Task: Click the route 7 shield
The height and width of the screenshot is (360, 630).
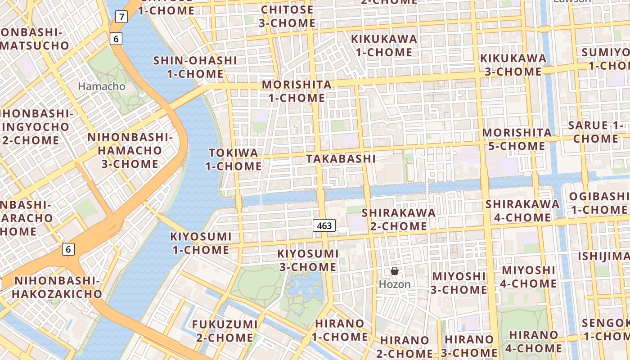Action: (x=121, y=17)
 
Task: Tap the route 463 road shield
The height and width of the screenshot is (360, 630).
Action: (x=324, y=225)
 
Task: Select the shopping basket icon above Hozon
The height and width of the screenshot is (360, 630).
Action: (x=395, y=271)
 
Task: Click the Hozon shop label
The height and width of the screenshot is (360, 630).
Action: (x=395, y=284)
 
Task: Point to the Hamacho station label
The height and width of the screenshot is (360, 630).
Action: (x=102, y=86)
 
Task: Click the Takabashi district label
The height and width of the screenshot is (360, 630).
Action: (x=341, y=158)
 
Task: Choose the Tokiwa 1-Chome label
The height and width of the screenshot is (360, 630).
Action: (x=234, y=159)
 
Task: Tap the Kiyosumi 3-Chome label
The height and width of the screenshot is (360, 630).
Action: (x=308, y=260)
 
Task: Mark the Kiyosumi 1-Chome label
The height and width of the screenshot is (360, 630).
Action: (x=201, y=243)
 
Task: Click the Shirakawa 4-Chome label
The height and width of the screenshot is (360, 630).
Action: (x=522, y=211)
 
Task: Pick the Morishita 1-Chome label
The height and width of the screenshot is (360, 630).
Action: (x=297, y=91)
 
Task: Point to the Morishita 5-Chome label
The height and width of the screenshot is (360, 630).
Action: (x=517, y=139)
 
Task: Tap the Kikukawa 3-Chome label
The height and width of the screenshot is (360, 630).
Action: (x=513, y=65)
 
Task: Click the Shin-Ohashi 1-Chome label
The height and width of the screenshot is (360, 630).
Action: (x=195, y=67)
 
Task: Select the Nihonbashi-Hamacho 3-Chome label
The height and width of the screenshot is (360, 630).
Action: (x=130, y=150)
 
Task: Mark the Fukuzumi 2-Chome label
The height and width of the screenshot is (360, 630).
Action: (x=225, y=331)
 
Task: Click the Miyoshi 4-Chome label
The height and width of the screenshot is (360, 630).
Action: (x=528, y=276)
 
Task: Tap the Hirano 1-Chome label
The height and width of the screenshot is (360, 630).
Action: (x=340, y=330)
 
